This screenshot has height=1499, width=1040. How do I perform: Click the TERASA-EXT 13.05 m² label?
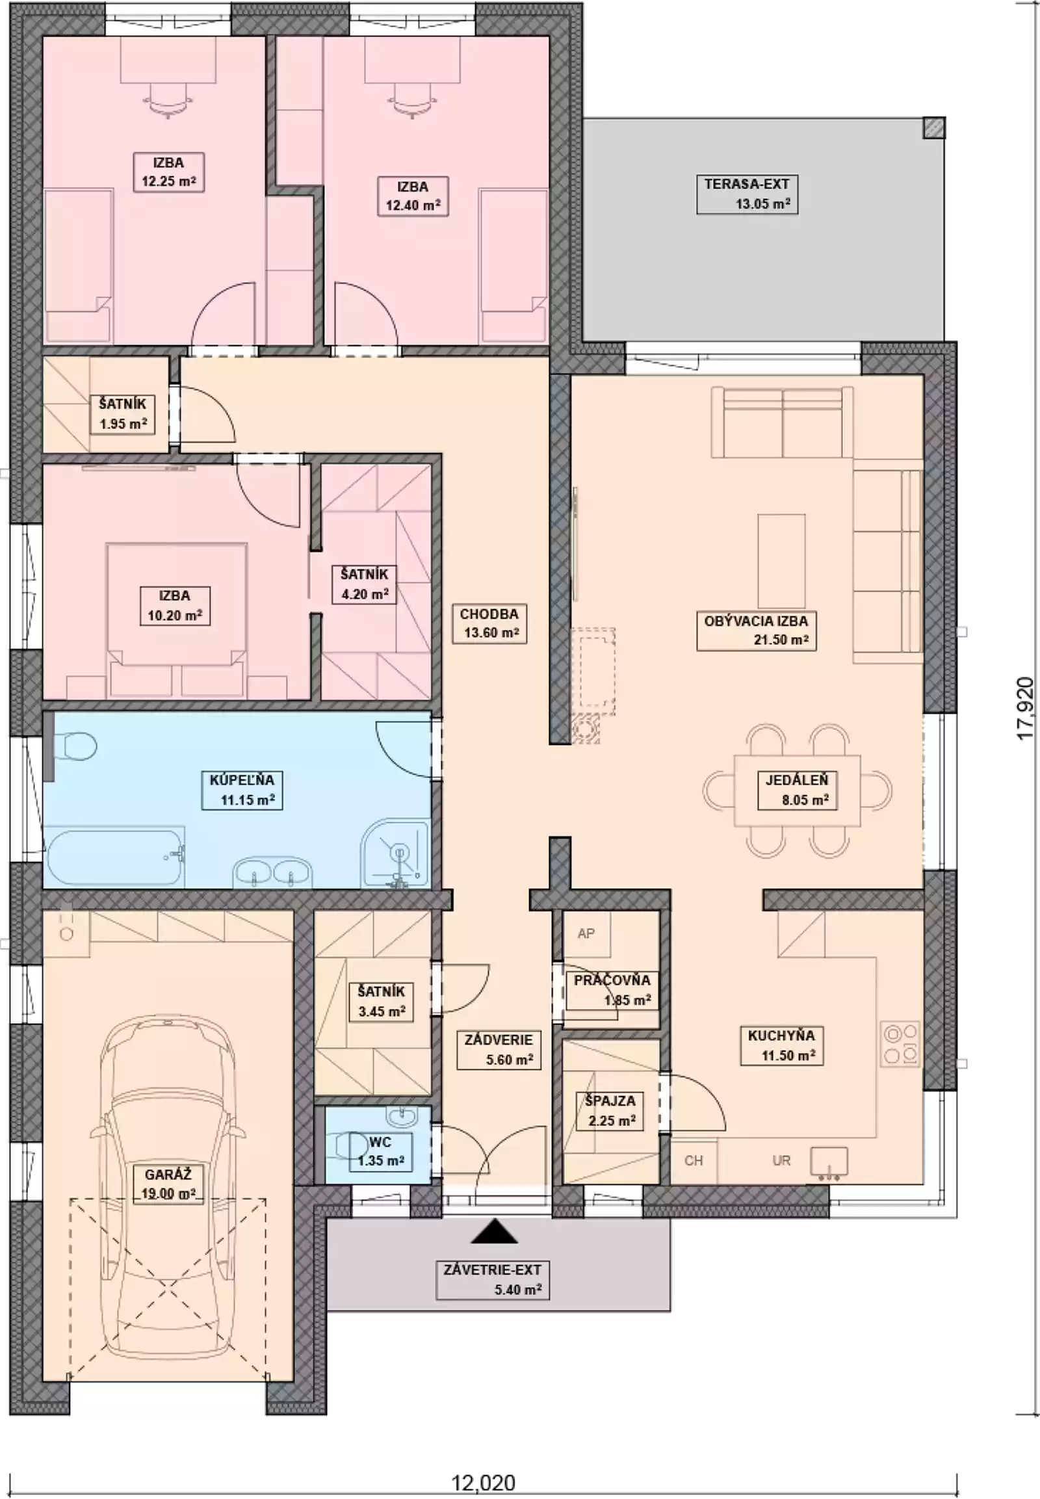pyautogui.click(x=747, y=194)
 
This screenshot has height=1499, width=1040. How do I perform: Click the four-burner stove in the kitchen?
pyautogui.click(x=900, y=1043)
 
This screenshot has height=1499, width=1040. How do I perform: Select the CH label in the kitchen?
pyautogui.click(x=694, y=1160)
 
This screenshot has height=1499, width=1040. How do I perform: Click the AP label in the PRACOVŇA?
pyautogui.click(x=586, y=933)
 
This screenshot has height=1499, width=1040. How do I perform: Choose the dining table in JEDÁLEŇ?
pyautogui.click(x=796, y=790)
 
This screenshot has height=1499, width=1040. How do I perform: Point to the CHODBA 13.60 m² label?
pyautogui.click(x=489, y=623)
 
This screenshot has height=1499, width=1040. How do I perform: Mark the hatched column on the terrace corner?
pyautogui.click(x=933, y=128)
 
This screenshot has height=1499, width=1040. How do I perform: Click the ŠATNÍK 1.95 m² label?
pyautogui.click(x=122, y=414)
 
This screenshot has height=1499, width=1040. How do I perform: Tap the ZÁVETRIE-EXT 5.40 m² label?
pyautogui.click(x=492, y=1279)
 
